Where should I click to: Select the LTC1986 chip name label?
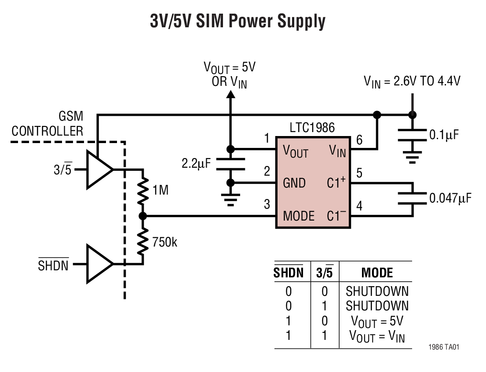312,128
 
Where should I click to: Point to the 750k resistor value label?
165,242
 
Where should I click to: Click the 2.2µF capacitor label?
196,164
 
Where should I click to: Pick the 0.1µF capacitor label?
443,135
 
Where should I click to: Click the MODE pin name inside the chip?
299,216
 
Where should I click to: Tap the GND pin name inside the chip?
294,183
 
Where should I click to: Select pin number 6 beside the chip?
359,140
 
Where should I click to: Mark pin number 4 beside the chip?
359,206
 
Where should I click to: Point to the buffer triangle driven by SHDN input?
99,263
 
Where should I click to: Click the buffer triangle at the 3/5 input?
99,169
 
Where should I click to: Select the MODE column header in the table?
377,273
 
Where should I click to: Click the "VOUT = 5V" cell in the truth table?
377,320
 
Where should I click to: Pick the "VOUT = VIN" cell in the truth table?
377,336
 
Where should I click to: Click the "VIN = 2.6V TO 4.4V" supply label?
412,81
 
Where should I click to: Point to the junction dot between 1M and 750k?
143,216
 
